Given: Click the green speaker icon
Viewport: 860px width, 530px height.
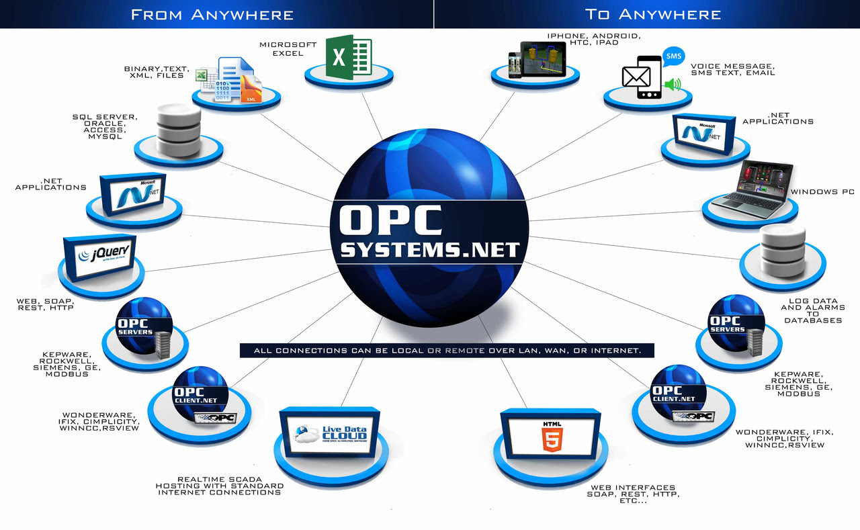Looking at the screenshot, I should pos(673,85).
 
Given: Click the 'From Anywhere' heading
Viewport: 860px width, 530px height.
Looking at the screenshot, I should pos(212,14).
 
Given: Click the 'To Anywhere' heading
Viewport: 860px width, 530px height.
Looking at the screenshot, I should pos(653,14).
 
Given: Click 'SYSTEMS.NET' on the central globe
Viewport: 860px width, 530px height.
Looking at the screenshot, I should pos(430,250).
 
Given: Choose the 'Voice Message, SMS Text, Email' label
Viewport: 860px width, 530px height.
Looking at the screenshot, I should pos(732,69).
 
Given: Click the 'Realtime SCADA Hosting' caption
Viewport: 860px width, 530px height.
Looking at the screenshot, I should pos(219,485).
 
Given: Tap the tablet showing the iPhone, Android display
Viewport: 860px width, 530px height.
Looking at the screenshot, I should pos(544,59).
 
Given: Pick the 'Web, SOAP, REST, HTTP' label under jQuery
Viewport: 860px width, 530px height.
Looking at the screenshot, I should pos(45,304).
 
